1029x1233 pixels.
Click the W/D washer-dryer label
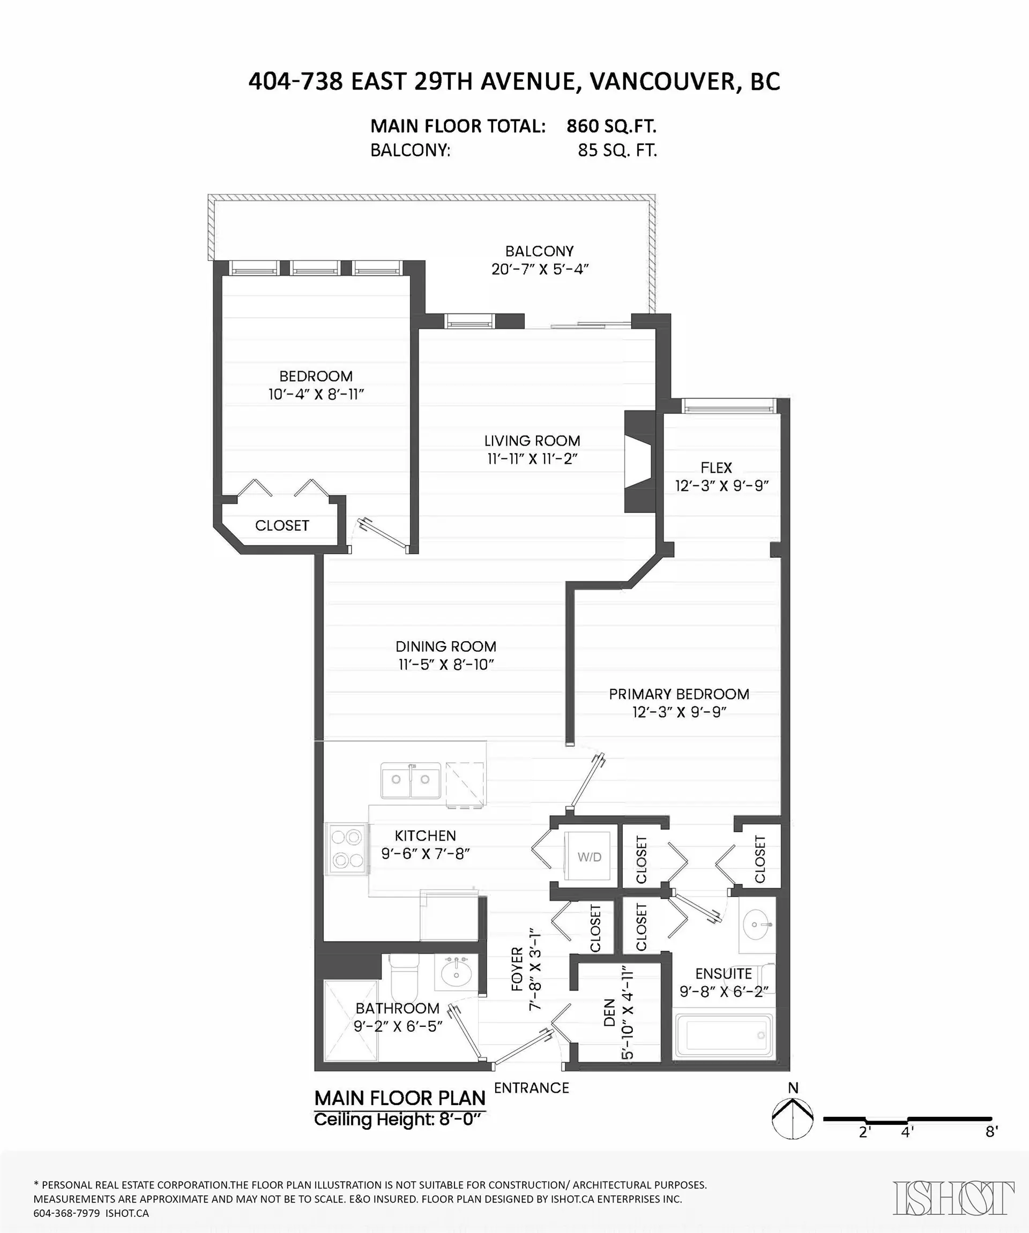tap(589, 857)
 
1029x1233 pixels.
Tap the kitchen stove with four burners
tap(347, 848)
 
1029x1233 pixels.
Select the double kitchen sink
tap(411, 780)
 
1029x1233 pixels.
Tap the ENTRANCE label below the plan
tap(532, 1088)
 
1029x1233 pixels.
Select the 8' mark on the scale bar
tap(991, 1131)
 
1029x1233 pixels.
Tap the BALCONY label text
tap(539, 251)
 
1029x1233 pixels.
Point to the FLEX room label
tap(716, 468)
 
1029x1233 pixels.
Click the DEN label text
tap(609, 1013)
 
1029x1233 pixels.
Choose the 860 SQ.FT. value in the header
tap(611, 126)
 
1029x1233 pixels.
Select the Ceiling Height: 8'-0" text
tap(397, 1119)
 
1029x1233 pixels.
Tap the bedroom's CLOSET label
tap(282, 525)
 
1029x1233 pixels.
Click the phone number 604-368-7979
tap(66, 1213)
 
